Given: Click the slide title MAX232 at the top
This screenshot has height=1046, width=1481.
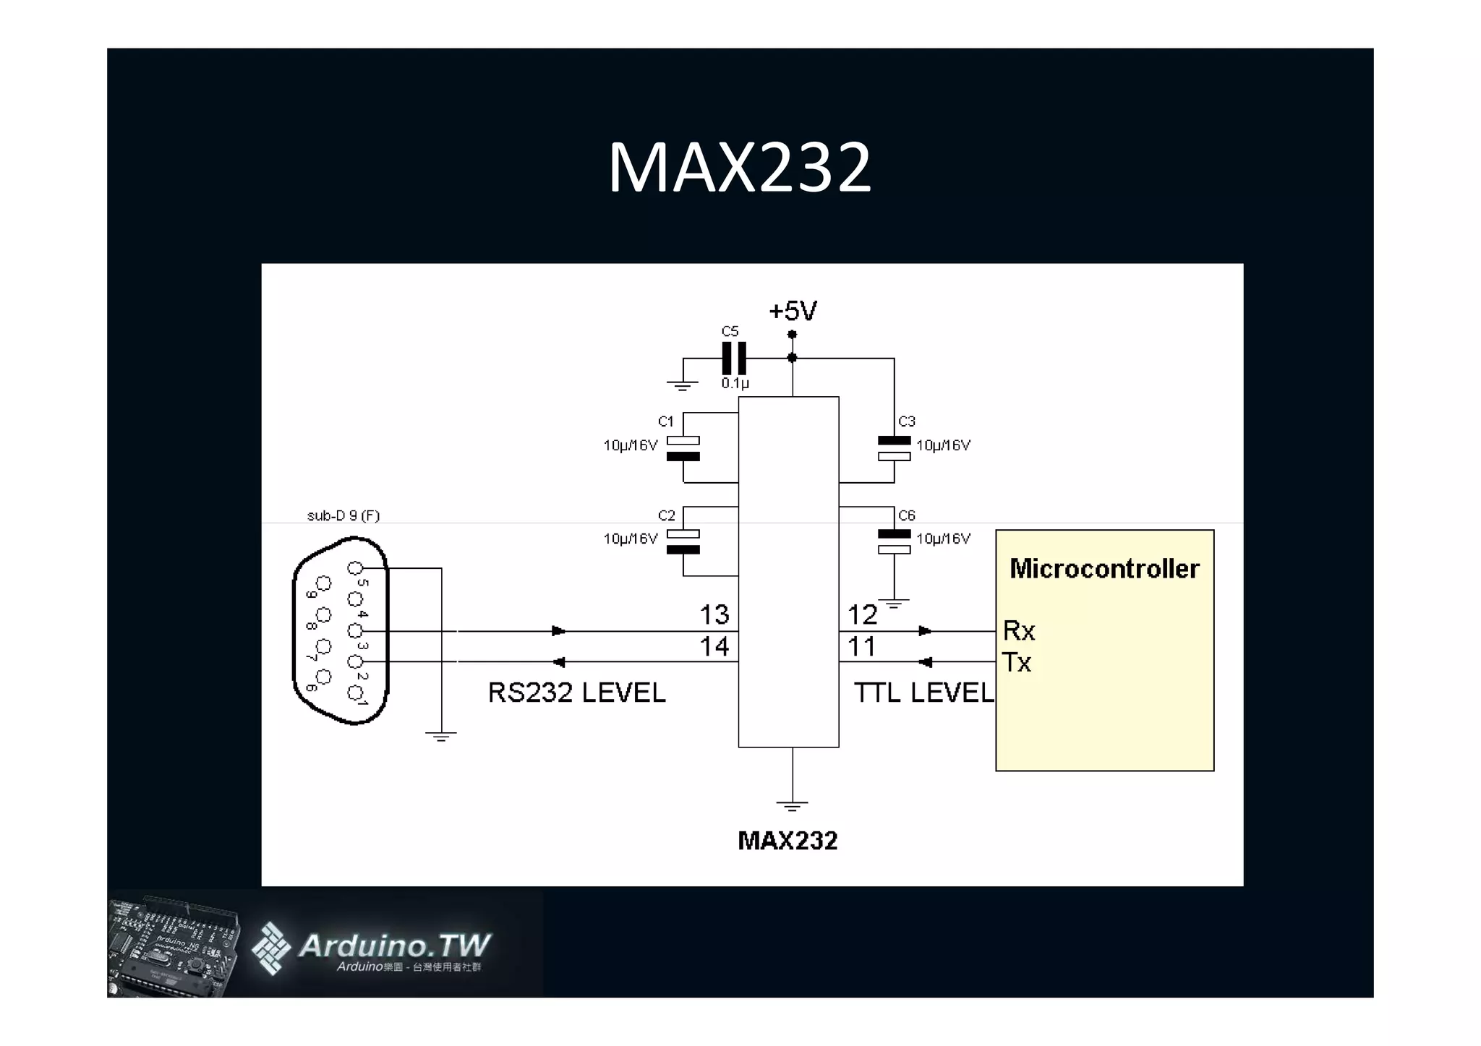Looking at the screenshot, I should tap(739, 168).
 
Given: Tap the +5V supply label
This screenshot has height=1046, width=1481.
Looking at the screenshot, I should tap(793, 312).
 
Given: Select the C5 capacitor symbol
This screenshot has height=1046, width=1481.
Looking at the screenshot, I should tap(734, 359).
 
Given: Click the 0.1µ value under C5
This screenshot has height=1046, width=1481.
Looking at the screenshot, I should tap(735, 384).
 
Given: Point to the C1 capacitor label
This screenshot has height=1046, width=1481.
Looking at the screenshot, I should tap(666, 421).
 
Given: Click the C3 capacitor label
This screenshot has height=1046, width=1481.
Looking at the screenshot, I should tap(907, 421).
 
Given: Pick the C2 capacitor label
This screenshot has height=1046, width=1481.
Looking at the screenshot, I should tap(666, 515).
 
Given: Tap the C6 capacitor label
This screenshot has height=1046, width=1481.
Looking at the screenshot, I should tap(907, 515).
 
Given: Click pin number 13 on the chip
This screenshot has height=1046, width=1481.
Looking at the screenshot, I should tap(714, 615).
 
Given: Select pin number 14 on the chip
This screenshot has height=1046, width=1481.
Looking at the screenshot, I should tap(714, 646).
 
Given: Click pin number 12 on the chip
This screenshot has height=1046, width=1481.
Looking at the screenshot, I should tap(862, 615).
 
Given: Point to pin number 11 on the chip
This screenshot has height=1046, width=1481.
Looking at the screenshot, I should tap(862, 646).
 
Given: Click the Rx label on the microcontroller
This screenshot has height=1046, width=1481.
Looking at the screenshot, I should tap(1019, 631).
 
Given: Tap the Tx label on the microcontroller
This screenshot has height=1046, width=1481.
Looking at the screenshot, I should tap(1017, 662).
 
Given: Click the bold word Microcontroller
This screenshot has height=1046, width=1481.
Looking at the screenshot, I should tap(1104, 569).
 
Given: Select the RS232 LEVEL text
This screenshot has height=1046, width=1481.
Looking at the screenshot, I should tap(576, 693).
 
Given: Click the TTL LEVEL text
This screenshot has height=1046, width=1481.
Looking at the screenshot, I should tap(923, 693).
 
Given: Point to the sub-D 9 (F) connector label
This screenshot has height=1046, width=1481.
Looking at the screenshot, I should tap(343, 515).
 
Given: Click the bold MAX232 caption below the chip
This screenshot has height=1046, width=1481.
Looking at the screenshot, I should tap(788, 841).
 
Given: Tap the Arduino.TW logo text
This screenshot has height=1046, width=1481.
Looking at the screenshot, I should tap(394, 946).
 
